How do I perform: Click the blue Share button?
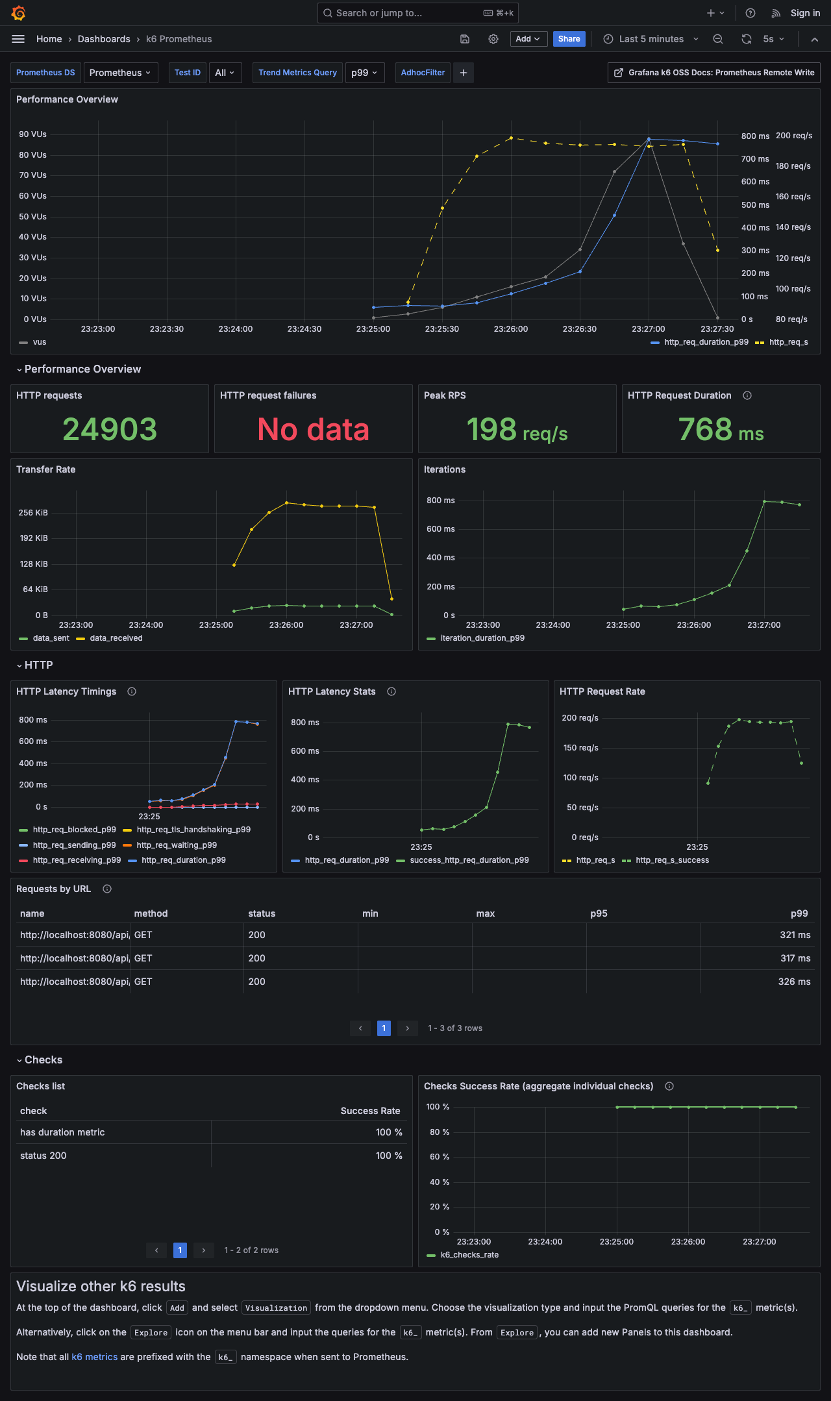569,39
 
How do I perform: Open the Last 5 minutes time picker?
651,39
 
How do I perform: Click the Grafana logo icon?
18,13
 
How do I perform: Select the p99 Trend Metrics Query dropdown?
364,73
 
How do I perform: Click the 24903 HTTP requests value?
110,429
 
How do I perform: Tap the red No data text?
313,429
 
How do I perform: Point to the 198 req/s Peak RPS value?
517,429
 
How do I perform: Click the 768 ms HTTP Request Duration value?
721,429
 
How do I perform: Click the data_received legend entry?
116,638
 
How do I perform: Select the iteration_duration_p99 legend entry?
482,638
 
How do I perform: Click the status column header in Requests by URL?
262,913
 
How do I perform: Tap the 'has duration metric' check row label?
62,1132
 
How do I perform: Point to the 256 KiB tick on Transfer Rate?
33,513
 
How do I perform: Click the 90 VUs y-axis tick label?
32,134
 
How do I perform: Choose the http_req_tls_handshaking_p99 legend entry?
193,830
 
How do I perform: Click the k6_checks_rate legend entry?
469,1255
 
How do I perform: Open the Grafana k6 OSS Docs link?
714,73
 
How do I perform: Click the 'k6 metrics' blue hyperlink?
94,1357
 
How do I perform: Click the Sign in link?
805,13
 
